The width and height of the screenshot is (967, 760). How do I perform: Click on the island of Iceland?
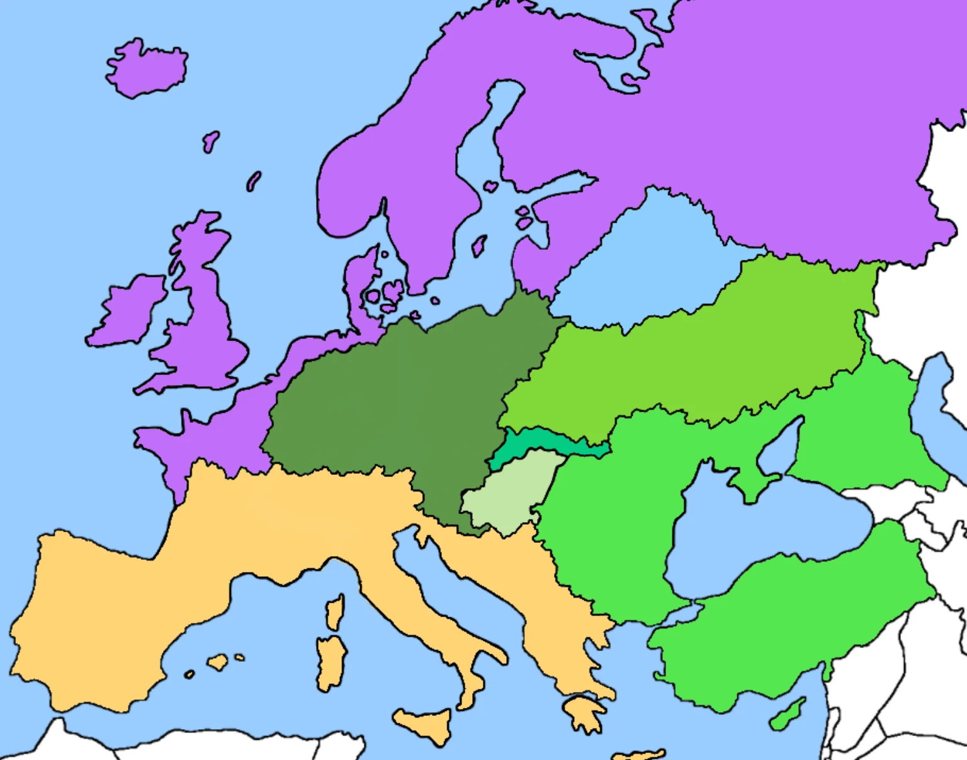pyautogui.click(x=148, y=68)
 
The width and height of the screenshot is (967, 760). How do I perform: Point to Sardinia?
pyautogui.click(x=331, y=661)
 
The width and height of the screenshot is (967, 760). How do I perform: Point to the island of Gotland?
pyautogui.click(x=479, y=245)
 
